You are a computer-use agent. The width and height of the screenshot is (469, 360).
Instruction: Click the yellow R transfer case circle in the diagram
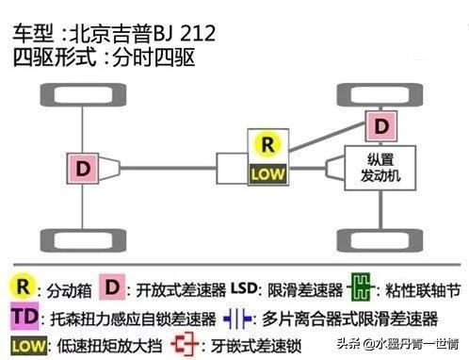click(x=268, y=145)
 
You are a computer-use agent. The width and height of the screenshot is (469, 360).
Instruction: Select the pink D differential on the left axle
click(x=83, y=169)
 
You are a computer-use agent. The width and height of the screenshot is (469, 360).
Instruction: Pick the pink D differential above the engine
click(x=382, y=124)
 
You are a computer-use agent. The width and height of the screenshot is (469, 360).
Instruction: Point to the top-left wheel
click(x=55, y=94)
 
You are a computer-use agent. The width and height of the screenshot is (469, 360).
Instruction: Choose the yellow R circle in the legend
click(x=23, y=286)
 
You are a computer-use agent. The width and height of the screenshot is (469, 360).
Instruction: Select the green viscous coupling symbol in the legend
click(x=358, y=286)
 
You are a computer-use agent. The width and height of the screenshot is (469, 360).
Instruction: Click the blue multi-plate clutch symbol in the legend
click(x=238, y=316)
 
